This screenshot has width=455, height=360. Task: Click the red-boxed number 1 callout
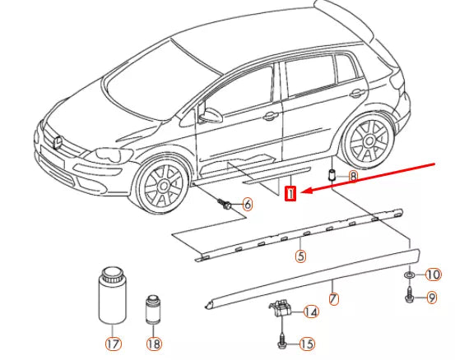pyautogui.click(x=290, y=193)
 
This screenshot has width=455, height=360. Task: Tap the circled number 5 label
pyautogui.click(x=300, y=256)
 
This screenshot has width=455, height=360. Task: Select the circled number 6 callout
pyautogui.click(x=247, y=205)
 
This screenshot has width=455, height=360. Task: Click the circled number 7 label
pyautogui.click(x=334, y=298)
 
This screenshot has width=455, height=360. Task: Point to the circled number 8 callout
pyautogui.click(x=353, y=176)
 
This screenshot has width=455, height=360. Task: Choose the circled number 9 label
pyautogui.click(x=432, y=298)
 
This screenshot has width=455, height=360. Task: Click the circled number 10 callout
pyautogui.click(x=434, y=275)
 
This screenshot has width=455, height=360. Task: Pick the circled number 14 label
pyautogui.click(x=311, y=312)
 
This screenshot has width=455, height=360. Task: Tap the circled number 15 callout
pyautogui.click(x=307, y=344)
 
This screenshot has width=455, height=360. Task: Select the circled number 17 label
pyautogui.click(x=114, y=344)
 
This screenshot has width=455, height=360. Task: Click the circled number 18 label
pyautogui.click(x=154, y=344)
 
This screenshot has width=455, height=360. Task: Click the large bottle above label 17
pyautogui.click(x=113, y=296)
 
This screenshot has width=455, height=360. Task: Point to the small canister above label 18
pyautogui.click(x=153, y=310)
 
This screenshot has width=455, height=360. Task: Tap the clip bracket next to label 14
pyautogui.click(x=280, y=308)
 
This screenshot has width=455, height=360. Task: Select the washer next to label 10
pyautogui.click(x=410, y=275)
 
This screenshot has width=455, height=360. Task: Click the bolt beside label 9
pyautogui.click(x=410, y=295)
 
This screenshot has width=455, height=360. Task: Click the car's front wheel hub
pyautogui.click(x=164, y=186)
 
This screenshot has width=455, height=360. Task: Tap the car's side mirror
pyautogui.click(x=211, y=115)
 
